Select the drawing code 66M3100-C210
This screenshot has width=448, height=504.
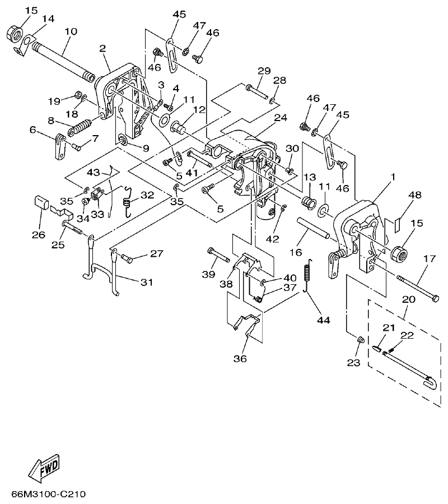pyautogui.click(x=48, y=495)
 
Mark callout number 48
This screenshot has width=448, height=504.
pyautogui.click(x=414, y=195)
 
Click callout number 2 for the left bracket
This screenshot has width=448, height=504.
pyautogui.click(x=102, y=49)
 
